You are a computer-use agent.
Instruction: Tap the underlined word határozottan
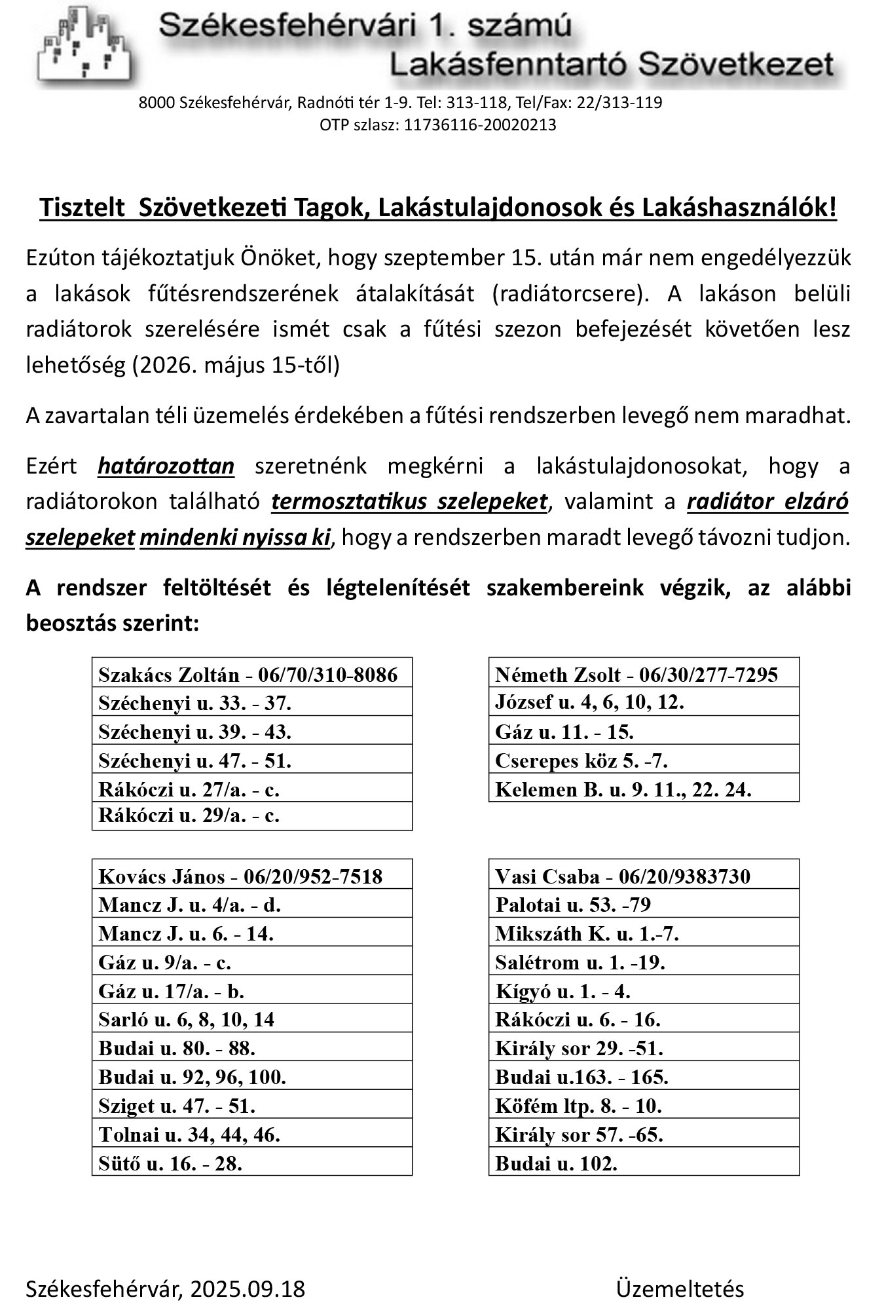(x=166, y=466)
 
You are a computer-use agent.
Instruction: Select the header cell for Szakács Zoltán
(x=251, y=674)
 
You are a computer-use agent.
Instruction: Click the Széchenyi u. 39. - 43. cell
(x=251, y=731)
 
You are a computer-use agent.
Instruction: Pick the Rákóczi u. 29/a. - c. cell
(x=251, y=816)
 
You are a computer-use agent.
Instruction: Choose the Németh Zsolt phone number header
(x=643, y=674)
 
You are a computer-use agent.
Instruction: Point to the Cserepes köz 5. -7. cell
(x=643, y=760)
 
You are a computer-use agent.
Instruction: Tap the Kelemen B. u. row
(x=643, y=789)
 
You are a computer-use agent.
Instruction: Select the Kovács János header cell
(x=251, y=876)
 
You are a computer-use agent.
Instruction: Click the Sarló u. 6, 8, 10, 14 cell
(x=251, y=1019)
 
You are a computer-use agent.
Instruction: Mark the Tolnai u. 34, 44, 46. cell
(x=251, y=1134)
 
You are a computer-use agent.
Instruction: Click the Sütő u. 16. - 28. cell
(x=251, y=1163)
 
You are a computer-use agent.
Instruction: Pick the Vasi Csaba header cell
(x=643, y=876)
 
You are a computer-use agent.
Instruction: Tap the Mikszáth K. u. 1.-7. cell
(x=643, y=933)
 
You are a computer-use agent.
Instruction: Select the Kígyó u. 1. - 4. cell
(x=643, y=990)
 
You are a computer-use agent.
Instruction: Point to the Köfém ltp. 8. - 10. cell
(x=643, y=1106)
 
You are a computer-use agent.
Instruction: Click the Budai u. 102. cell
(x=643, y=1163)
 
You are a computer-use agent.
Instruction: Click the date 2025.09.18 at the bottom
(x=248, y=1288)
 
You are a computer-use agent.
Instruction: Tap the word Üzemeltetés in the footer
(x=679, y=1288)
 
